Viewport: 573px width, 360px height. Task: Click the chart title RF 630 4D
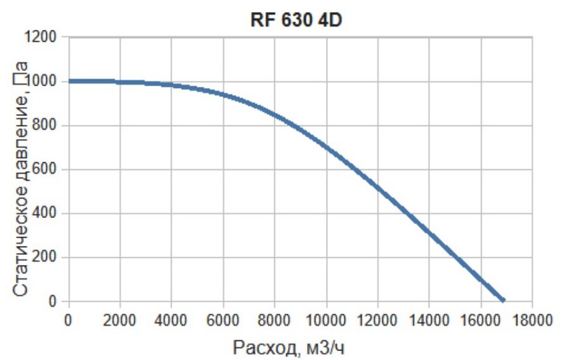(296, 19)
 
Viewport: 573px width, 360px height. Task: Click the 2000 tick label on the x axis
(120, 319)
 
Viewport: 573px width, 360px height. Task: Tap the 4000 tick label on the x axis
(171, 319)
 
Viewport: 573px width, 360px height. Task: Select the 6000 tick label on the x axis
(223, 319)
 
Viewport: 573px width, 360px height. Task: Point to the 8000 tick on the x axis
(274, 319)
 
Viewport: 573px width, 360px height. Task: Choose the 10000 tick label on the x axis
(326, 319)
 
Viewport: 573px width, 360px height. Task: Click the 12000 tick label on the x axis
(378, 319)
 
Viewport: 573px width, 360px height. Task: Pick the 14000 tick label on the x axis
(429, 319)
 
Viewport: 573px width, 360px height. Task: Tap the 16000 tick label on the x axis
(481, 319)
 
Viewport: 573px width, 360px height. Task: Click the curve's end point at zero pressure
(503, 300)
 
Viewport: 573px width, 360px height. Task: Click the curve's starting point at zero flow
(69, 81)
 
